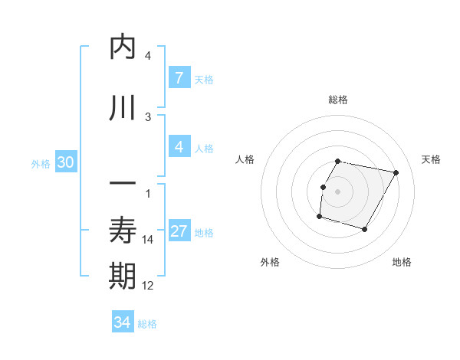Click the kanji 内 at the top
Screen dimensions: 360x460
123,47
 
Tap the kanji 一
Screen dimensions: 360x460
123,185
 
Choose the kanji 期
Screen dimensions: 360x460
123,277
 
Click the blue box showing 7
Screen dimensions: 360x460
179,77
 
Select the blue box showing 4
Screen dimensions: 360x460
179,146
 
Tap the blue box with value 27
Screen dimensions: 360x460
179,231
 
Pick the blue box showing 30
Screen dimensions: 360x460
65,162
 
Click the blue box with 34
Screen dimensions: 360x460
122,322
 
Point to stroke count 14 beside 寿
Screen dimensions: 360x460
148,240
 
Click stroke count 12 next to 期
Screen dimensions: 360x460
148,286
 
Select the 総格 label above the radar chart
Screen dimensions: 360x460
338,100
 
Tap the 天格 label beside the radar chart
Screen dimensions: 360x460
432,159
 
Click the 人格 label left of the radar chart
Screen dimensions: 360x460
245,159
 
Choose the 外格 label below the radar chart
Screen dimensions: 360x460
270,262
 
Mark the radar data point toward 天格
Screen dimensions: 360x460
396,173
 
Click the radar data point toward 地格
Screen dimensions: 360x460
365,230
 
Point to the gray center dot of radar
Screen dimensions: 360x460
338,191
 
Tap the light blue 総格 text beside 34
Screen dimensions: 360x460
147,324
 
